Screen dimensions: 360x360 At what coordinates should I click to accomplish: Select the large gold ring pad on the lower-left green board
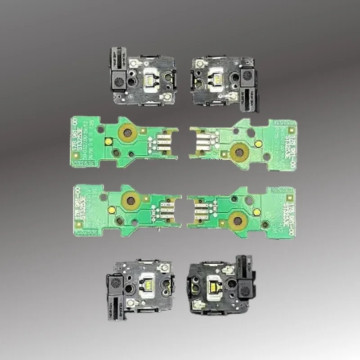[x=131, y=201]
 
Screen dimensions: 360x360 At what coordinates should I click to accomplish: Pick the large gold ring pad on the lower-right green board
[x=236, y=220]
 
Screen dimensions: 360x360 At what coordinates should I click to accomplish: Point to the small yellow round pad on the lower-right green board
[x=256, y=211]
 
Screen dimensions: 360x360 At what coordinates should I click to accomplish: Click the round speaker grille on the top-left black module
[x=119, y=81]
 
